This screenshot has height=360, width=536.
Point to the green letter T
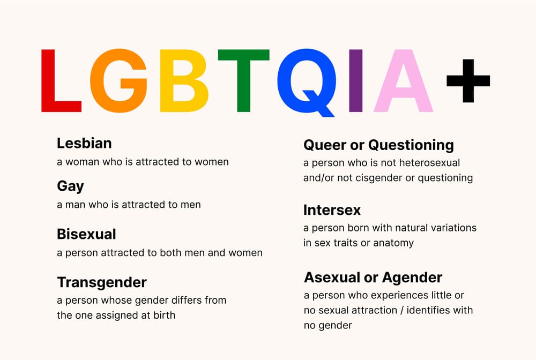pos(243,80)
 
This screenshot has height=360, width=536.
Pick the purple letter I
pos(355,80)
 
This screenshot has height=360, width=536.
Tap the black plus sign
pos(468,81)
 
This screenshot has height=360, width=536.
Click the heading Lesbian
pos(84,143)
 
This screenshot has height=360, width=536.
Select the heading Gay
pos(70,186)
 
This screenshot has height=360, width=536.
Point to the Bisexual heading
pos(86,234)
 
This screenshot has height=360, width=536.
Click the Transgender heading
pos(102,283)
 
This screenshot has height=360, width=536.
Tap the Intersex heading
pos(332,210)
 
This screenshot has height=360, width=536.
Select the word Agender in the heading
pos(412,277)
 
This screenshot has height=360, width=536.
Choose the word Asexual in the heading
pos(332,277)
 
